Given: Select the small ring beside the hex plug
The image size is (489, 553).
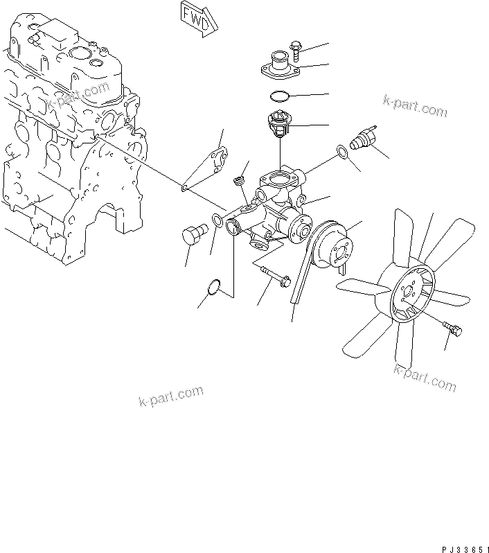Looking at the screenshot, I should [217, 221].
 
